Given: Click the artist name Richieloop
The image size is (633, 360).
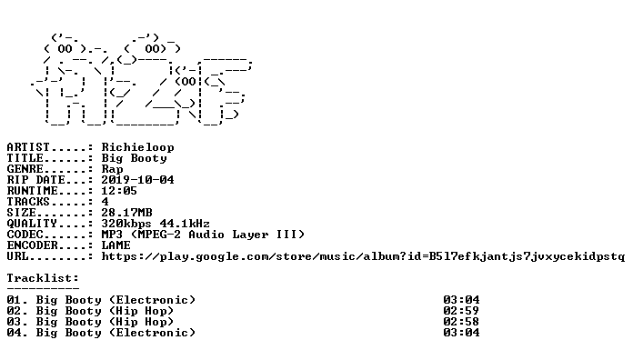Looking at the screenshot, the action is pos(137,147).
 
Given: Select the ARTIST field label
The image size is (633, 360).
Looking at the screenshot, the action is pos(28,147).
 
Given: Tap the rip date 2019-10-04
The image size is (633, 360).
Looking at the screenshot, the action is pos(137,180).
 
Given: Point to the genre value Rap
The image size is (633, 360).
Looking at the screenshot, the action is pos(112,169).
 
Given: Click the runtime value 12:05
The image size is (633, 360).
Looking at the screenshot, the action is pos(119,191).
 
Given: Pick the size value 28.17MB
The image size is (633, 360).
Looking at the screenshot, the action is pos(126,213).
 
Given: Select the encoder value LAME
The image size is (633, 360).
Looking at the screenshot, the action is pos(116,245).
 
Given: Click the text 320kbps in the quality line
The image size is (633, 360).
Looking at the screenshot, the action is pos(126,224).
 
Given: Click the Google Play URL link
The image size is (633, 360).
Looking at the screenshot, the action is pos(363,256).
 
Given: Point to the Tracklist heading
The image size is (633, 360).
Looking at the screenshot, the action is pos(43,278).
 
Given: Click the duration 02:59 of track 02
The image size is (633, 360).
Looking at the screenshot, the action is pos(461,311).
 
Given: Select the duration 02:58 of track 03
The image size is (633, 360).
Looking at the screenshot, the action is pos(461,322).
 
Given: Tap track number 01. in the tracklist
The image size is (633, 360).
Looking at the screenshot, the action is pos(17,300).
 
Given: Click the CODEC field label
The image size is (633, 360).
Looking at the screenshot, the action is pos(25,235).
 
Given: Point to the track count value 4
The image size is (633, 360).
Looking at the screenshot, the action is pos(105,202).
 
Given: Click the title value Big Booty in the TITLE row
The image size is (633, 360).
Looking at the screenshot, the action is pos(134,158).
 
